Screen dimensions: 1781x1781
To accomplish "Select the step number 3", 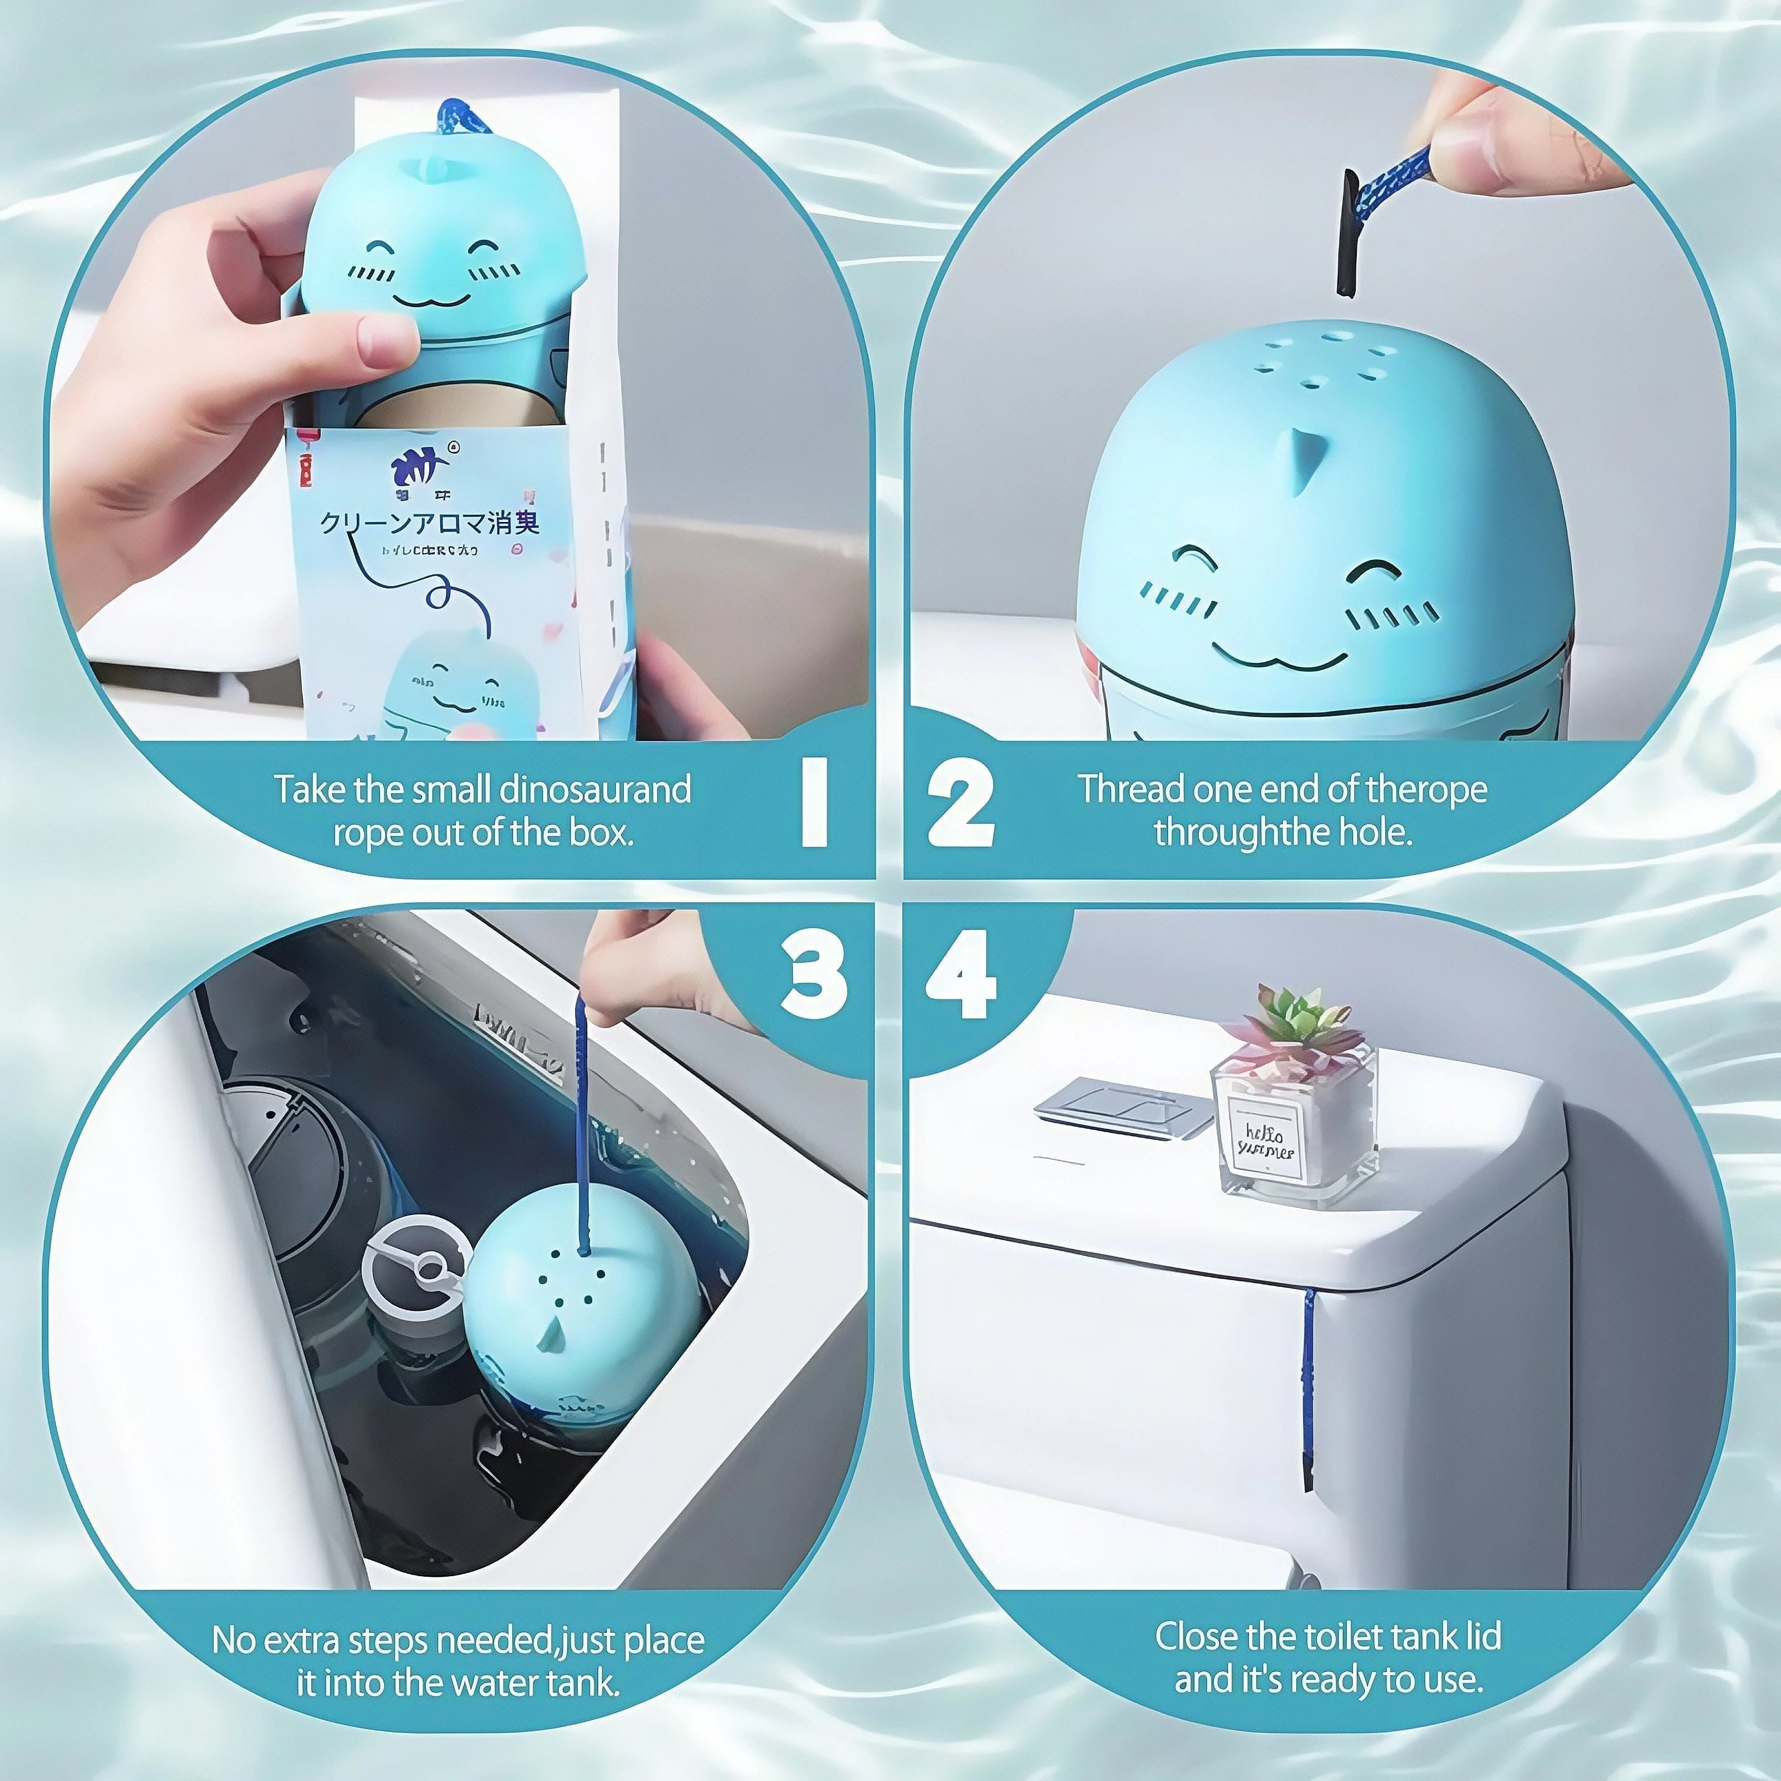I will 813,975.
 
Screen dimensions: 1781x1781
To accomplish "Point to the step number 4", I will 961,975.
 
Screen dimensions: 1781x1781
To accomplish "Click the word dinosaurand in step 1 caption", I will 594,790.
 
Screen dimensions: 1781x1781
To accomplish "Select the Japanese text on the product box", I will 429,523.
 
